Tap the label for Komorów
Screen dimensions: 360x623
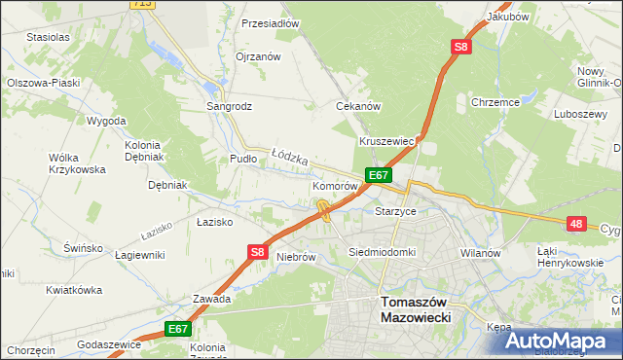[336, 185]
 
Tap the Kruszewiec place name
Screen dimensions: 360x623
[387, 141]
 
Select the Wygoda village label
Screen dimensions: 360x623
[106, 121]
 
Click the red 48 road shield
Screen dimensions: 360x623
[577, 224]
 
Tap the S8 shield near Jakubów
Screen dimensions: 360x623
[460, 46]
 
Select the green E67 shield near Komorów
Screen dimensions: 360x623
[379, 175]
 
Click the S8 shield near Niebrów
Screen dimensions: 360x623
[256, 251]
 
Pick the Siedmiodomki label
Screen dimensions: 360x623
[382, 252]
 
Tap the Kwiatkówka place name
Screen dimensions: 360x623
[74, 290]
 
